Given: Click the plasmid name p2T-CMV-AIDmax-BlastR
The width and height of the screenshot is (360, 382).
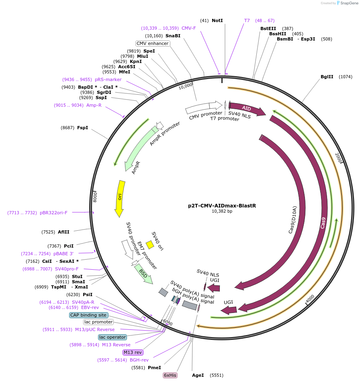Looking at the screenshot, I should pos(222,206).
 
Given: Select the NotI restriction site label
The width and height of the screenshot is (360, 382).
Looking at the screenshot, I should pos(217,20).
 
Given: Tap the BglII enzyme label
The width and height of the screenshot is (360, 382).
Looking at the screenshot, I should pos(327,77).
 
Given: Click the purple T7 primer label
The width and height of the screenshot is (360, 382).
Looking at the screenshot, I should pos(247,20).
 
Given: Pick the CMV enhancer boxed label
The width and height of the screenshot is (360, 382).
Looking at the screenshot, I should pos(153,43).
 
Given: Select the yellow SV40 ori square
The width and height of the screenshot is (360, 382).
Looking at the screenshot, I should pos(149,245).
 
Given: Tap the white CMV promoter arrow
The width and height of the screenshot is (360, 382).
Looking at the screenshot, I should pos(204,107).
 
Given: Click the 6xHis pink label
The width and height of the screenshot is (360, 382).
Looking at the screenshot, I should pos(170,375).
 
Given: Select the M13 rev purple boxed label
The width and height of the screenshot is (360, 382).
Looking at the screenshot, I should pos(133,352).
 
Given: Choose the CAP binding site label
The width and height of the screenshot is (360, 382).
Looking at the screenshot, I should pos(88,315).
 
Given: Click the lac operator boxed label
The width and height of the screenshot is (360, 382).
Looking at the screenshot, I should pos(112,337).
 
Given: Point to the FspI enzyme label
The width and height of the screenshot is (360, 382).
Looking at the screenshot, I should pos(82,128).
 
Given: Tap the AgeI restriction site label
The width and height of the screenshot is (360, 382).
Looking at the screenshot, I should pos(198,375).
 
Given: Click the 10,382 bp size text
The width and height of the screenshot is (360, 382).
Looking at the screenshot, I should pos(222,211).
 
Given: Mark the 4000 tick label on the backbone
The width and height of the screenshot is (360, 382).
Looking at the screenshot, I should pos(310,299).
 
